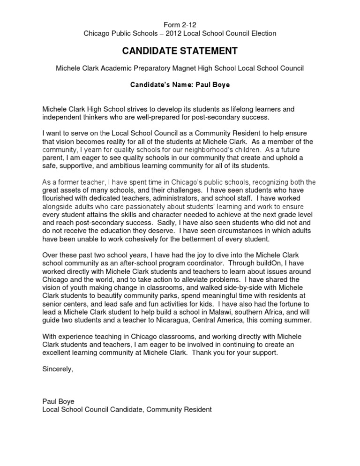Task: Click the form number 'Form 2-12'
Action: (180, 24)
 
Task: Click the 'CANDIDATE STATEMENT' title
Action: (180, 51)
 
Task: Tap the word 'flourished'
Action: (58, 198)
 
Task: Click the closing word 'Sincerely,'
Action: (58, 369)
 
